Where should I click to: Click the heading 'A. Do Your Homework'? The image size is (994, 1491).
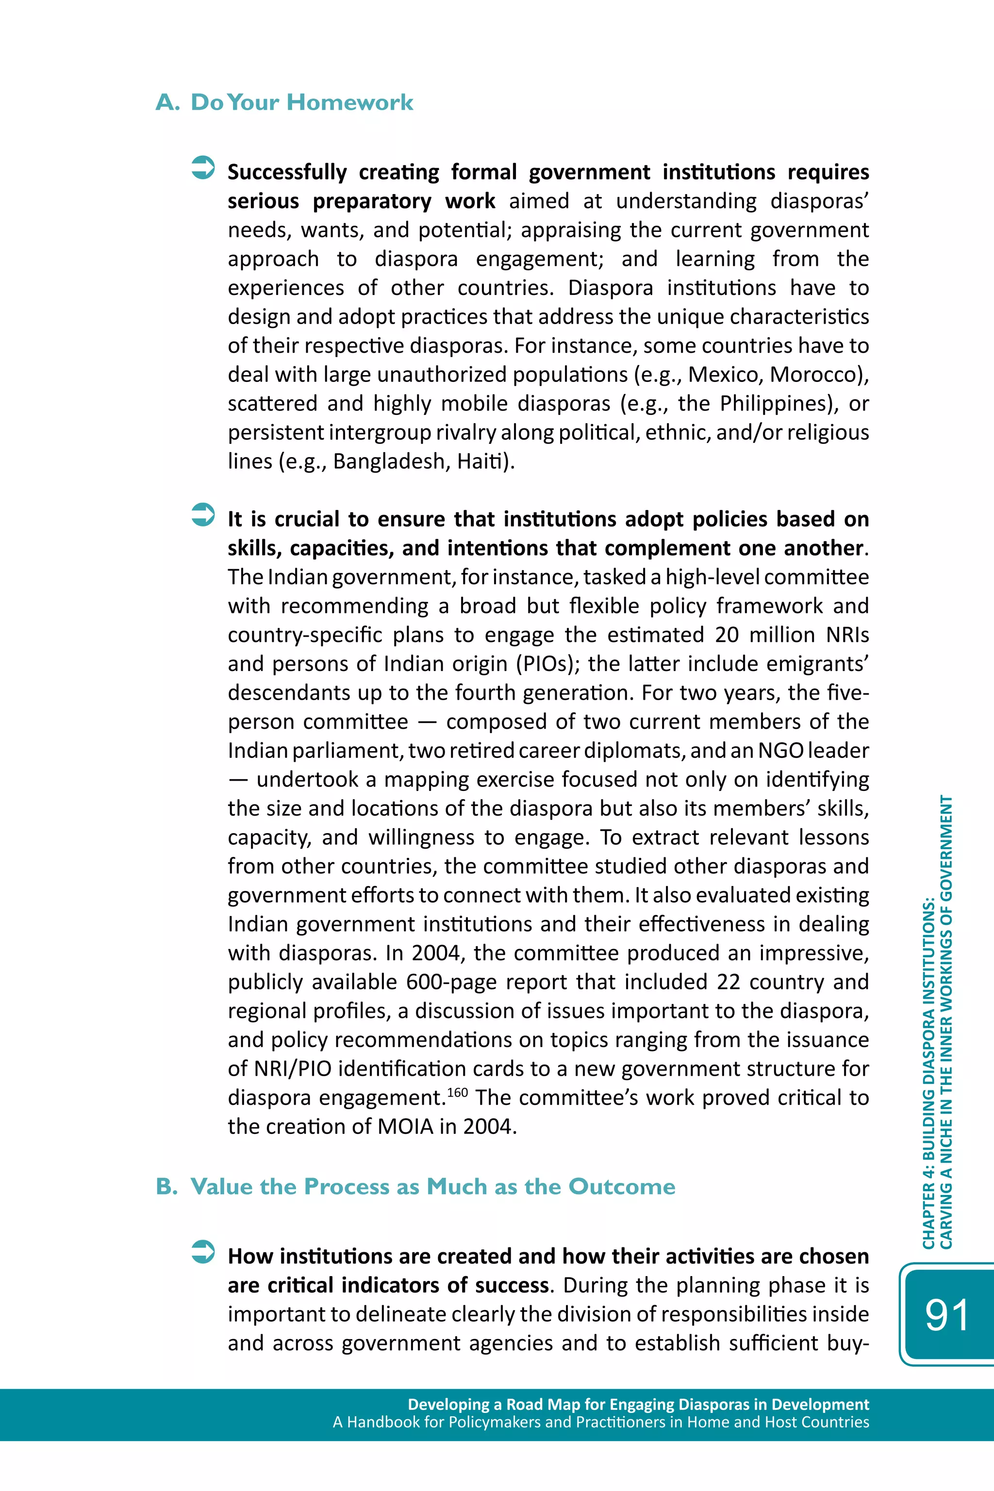(x=284, y=102)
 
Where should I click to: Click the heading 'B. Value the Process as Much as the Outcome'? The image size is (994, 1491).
(x=415, y=1186)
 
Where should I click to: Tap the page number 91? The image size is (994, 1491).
(x=946, y=1315)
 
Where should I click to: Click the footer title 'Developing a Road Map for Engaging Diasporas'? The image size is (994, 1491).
(x=638, y=1404)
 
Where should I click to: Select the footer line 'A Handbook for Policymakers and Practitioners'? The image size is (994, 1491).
(x=600, y=1422)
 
